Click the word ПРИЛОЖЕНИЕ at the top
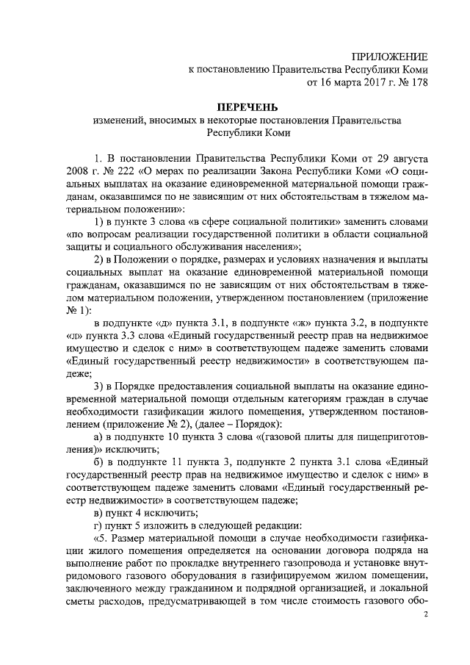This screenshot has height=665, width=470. pos(389,57)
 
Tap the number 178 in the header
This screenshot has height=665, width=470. pos(416,82)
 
